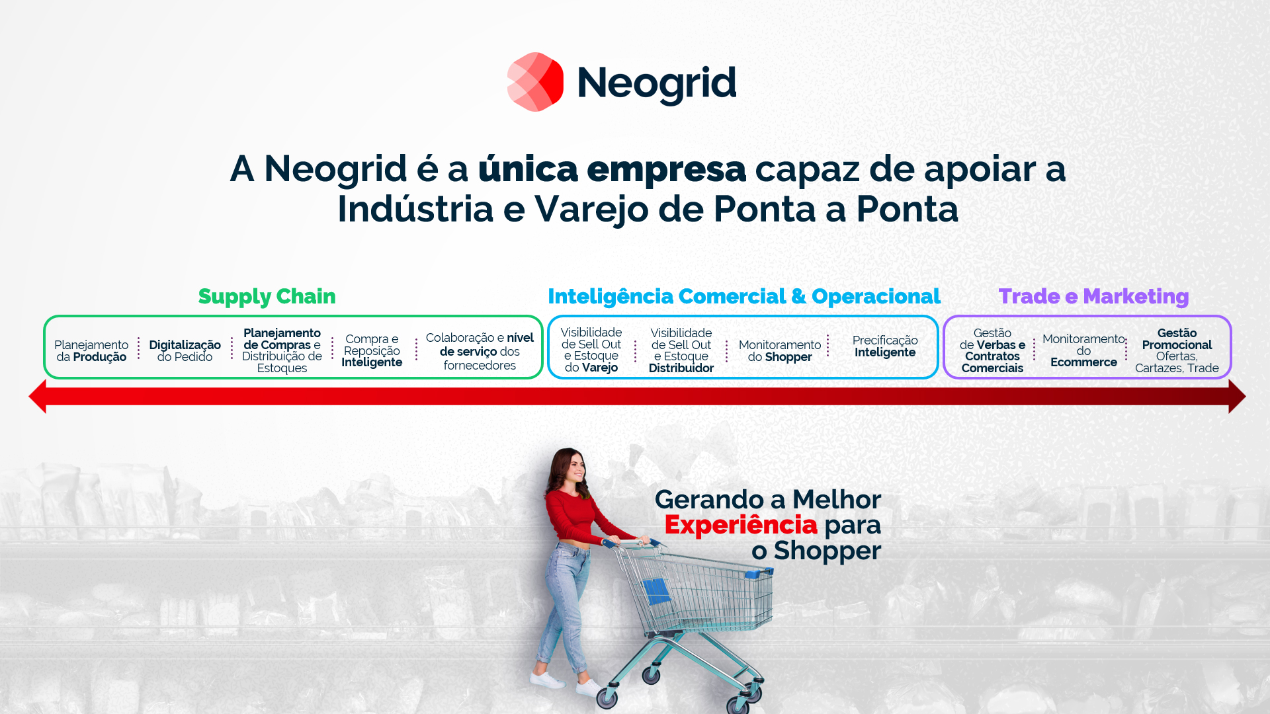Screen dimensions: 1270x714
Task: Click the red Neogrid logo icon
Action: point(535,82)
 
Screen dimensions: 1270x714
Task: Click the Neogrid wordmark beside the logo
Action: point(657,84)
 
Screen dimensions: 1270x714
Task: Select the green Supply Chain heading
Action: point(267,297)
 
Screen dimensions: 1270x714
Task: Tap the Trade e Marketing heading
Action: point(1093,296)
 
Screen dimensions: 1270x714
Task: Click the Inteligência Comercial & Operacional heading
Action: point(744,297)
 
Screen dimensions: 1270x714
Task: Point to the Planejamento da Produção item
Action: point(91,351)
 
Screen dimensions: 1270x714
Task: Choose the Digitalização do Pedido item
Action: point(185,351)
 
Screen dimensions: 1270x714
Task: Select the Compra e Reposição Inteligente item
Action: point(372,351)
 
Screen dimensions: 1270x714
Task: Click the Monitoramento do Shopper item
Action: point(780,351)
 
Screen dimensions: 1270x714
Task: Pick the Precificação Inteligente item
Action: point(885,346)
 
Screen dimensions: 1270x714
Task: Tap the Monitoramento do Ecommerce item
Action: point(1083,351)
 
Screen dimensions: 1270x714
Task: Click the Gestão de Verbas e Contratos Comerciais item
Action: point(992,351)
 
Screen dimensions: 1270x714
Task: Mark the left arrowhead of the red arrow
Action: point(38,397)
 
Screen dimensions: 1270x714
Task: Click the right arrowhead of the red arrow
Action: point(1237,397)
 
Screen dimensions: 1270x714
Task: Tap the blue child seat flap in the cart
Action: point(656,590)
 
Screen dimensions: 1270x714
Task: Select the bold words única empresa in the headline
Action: point(612,170)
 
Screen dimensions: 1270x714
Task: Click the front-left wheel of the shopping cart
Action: point(607,697)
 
